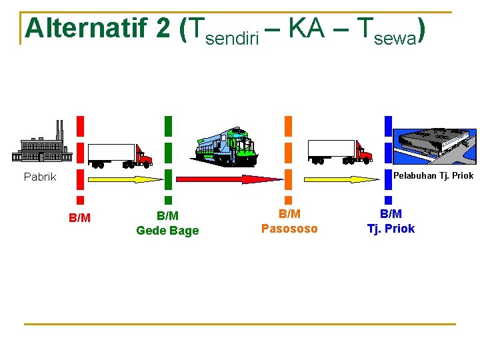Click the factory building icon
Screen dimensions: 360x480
[x=42, y=143]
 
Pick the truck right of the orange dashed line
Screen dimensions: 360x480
[x=339, y=151]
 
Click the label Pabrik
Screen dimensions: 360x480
[x=40, y=177]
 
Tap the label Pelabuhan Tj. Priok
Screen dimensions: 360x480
[x=433, y=176]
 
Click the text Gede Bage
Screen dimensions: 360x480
[x=167, y=231]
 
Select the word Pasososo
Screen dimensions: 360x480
[x=289, y=229]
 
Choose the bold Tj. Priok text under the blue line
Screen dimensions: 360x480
[x=391, y=229]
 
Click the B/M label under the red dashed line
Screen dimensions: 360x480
[x=79, y=218]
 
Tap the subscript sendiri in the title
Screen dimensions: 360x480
[x=233, y=38]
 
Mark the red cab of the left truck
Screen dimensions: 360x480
[x=143, y=156]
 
